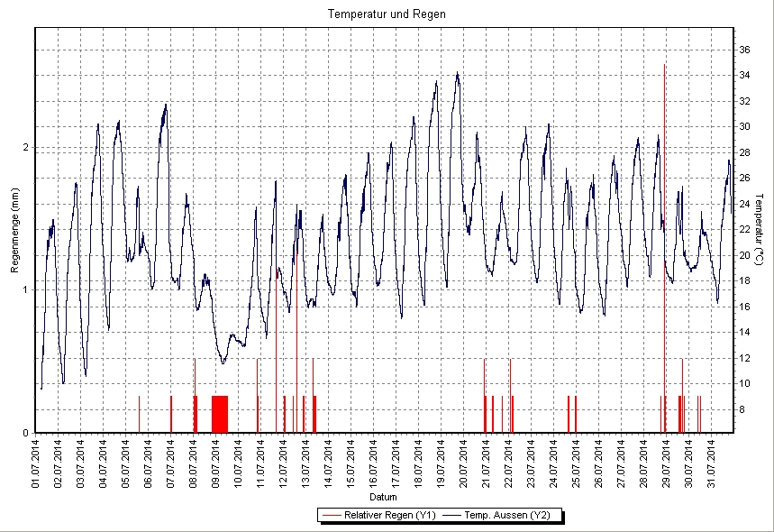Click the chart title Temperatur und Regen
click(387, 14)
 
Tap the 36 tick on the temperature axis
click(744, 50)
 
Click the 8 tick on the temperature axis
click(742, 409)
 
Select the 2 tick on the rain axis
click(26, 147)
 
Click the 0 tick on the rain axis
click(26, 432)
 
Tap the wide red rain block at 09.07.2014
click(220, 414)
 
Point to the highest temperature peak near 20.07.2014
click(458, 74)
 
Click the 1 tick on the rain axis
click(26, 289)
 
